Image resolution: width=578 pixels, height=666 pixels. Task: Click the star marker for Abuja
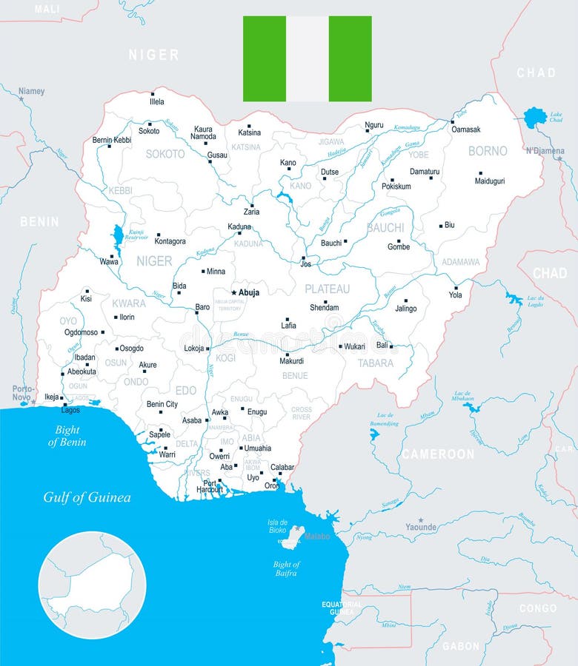coord(233,292)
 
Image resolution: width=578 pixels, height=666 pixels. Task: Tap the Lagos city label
coord(70,409)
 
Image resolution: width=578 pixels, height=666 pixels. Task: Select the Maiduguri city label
coord(489,181)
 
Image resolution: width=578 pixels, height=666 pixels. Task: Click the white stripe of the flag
coord(308,58)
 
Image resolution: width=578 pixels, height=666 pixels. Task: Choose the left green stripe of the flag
coord(265,58)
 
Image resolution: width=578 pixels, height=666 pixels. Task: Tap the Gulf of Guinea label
coord(87,497)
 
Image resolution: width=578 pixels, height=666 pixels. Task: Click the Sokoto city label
coord(149,131)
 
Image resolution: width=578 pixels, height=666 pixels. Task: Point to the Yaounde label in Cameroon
coord(421,527)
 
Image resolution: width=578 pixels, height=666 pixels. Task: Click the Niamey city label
coord(32,91)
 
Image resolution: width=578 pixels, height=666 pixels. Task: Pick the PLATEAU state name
coord(327,289)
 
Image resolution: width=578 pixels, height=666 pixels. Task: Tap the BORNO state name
coord(488,151)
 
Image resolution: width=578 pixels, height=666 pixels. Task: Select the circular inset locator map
coord(93,585)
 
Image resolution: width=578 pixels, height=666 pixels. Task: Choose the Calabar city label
coord(282,467)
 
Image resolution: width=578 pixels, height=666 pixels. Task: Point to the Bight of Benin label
coord(67,436)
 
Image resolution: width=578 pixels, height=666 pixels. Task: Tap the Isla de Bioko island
coord(298,531)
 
